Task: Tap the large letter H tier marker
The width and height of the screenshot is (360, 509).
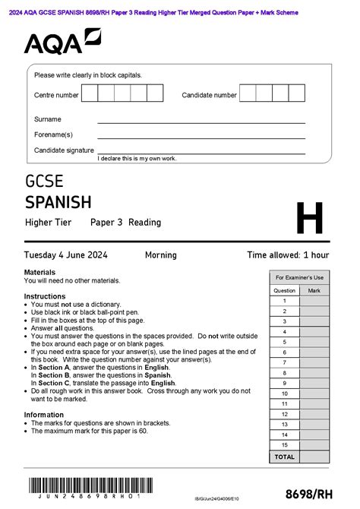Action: [309, 218]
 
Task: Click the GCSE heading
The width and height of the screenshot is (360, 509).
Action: [44, 182]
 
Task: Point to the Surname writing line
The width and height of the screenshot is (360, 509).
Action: [201, 121]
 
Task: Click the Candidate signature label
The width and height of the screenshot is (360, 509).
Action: [64, 150]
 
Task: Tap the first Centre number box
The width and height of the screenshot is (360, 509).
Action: [89, 94]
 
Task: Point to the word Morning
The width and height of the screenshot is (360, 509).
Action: [160, 255]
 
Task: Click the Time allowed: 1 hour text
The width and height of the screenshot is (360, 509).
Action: [288, 255]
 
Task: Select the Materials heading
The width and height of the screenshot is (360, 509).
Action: [39, 272]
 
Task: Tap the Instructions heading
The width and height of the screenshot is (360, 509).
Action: [44, 296]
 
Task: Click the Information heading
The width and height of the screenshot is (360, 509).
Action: [43, 415]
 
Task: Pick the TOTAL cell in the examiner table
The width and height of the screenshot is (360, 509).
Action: [284, 457]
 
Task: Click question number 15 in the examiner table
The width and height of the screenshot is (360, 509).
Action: [284, 444]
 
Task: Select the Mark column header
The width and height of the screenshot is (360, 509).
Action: [314, 290]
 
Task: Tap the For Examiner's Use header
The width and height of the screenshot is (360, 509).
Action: [299, 278]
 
